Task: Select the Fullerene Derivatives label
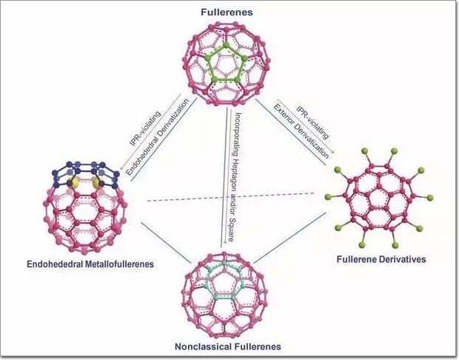click(378, 259)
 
